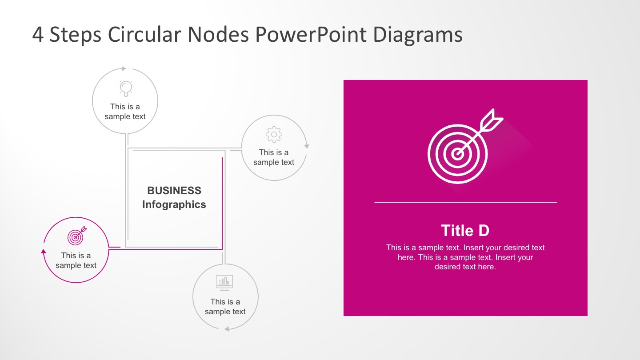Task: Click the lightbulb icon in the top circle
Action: tap(126, 87)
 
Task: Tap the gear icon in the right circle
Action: tap(274, 134)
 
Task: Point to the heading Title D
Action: tap(465, 231)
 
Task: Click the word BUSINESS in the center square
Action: tap(174, 191)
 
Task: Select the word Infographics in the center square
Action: tap(174, 204)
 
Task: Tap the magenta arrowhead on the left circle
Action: tap(44, 251)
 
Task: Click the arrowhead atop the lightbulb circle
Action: tap(124, 68)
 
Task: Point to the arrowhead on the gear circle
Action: tap(306, 146)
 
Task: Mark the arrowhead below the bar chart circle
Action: tap(227, 329)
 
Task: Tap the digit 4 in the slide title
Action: tap(38, 35)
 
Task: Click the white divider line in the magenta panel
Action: tap(465, 202)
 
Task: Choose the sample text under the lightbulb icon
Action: tap(125, 112)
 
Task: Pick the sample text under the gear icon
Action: tap(274, 157)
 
